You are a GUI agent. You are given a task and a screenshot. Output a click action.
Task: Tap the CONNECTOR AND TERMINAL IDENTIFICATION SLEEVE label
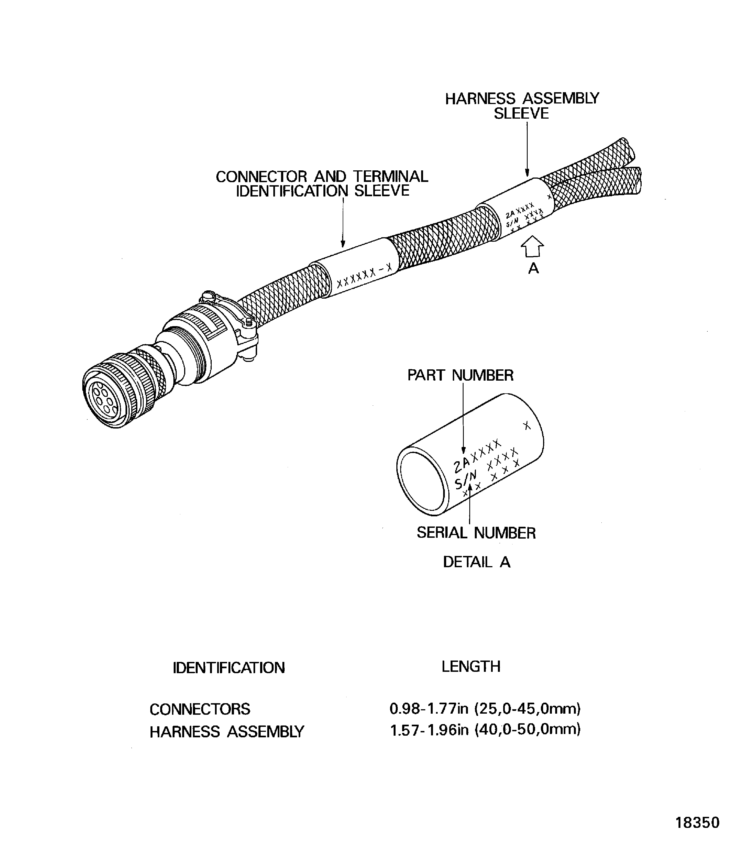(322, 184)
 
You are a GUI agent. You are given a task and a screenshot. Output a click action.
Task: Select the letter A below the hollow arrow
(533, 269)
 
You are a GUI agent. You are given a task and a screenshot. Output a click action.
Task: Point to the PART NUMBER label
(460, 375)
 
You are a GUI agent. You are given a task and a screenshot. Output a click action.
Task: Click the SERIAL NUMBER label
(476, 533)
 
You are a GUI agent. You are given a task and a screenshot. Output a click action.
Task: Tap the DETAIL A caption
(476, 562)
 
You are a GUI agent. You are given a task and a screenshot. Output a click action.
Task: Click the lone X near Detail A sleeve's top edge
(527, 426)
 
